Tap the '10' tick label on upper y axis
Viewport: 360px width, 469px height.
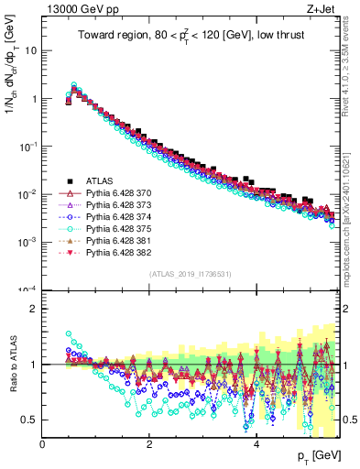tap(30, 50)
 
